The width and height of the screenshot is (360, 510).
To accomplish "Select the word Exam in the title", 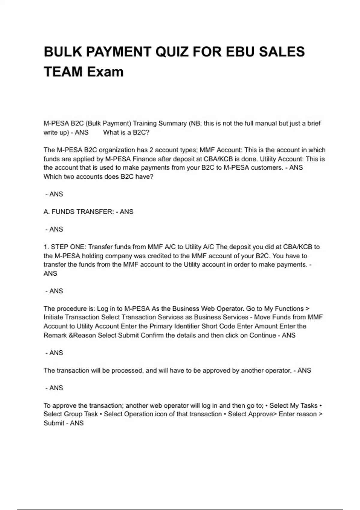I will click(105, 72).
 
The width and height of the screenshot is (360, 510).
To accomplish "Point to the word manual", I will click(267, 123).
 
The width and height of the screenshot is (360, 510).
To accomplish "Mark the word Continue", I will click(262, 335).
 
